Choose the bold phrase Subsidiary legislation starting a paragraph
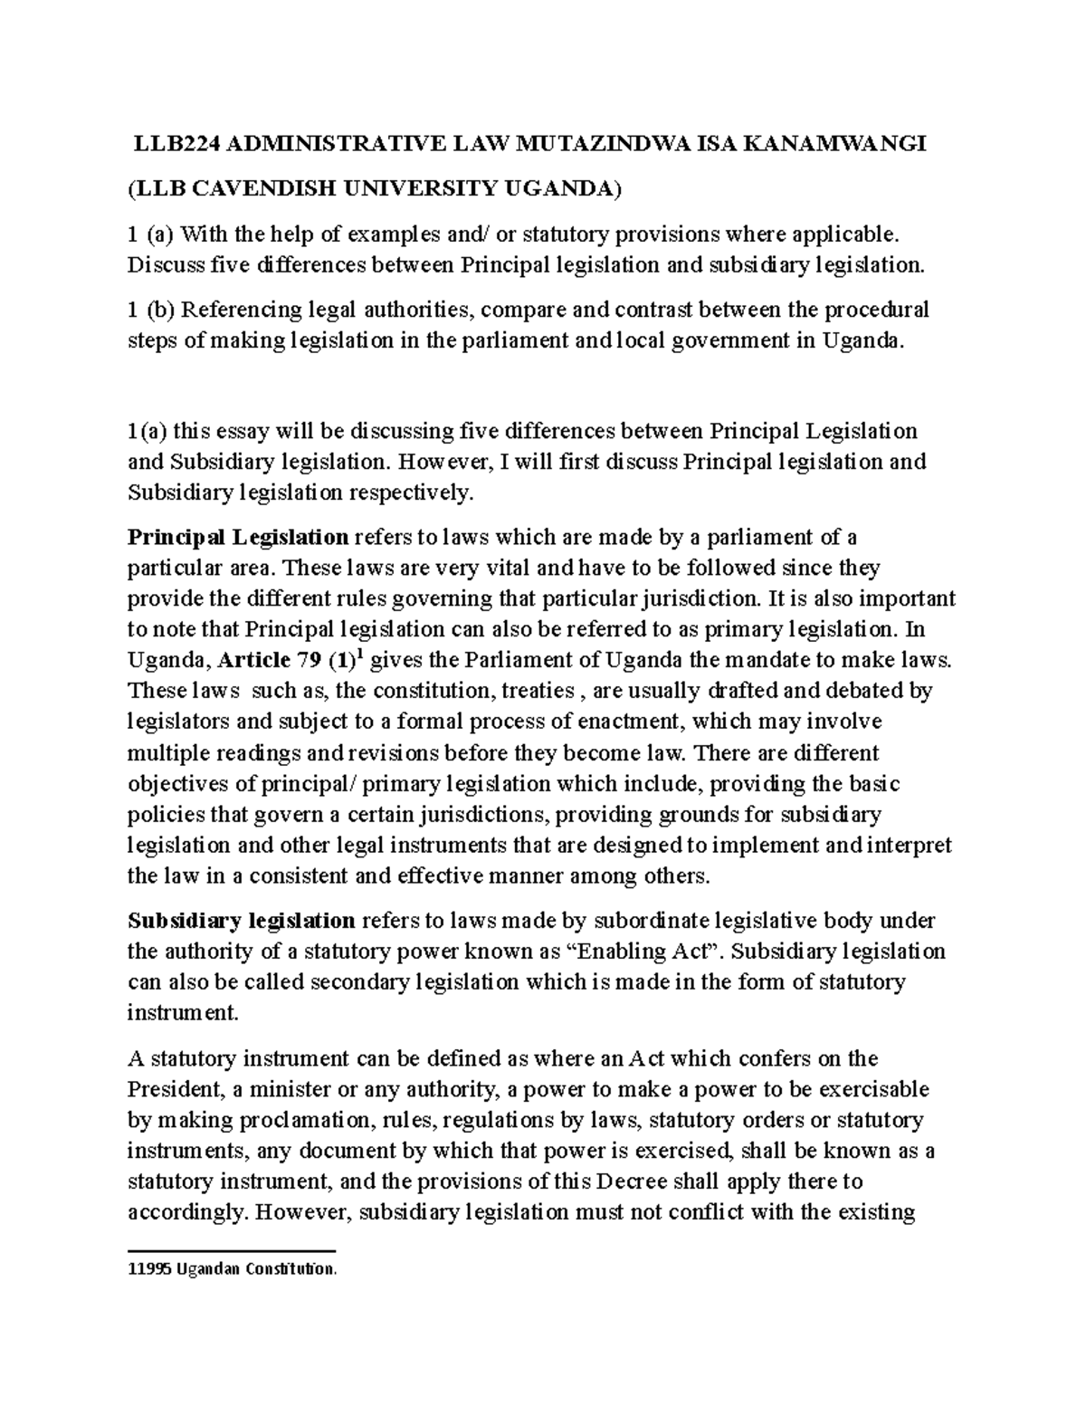pos(241,921)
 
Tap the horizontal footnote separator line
pos(232,1251)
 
